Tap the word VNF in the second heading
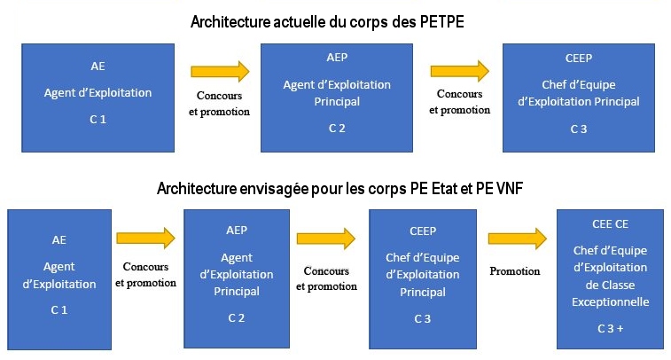tap(510, 188)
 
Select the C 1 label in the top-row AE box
tap(98, 120)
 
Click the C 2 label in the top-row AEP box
tap(337, 129)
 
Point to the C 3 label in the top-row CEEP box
tap(579, 129)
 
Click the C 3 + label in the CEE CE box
tap(610, 329)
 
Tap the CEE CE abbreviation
tap(610, 223)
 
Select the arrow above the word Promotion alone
tap(518, 239)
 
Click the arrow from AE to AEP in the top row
tap(220, 71)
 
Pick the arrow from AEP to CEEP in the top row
tap(460, 71)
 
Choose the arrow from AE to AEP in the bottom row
tap(146, 238)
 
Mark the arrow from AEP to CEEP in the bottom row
tap(326, 239)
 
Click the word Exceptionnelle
tap(610, 302)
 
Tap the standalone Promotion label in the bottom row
tap(515, 271)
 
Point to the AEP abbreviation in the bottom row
tap(237, 231)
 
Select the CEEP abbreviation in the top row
tap(579, 59)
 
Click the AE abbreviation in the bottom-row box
tap(59, 240)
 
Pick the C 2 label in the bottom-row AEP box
tap(236, 318)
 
